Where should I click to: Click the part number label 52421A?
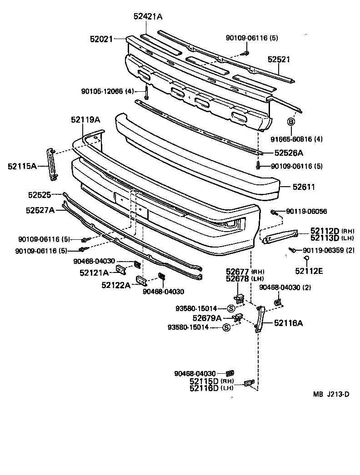click(x=148, y=17)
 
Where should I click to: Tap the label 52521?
click(x=278, y=59)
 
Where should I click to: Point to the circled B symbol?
click(x=291, y=122)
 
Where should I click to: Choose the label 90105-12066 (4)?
click(x=108, y=91)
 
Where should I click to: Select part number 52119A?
click(x=85, y=120)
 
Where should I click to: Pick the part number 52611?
click(x=304, y=187)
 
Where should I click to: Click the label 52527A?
click(x=40, y=210)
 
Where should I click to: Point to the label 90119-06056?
click(x=306, y=212)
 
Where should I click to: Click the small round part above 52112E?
click(x=307, y=259)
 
